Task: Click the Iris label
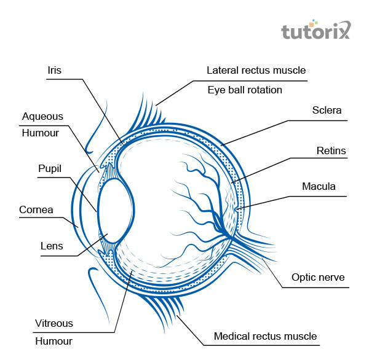[x=55, y=69]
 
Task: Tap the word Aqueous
[x=42, y=116]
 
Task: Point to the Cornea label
[x=36, y=209]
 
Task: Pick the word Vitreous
[x=54, y=323]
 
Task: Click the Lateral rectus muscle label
[x=256, y=70]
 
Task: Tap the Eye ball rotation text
[x=244, y=90]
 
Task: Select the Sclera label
[x=327, y=111]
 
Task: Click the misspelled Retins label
[x=331, y=150]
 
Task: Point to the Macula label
[x=319, y=186]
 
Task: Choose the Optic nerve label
[x=318, y=278]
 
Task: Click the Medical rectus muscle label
[x=265, y=336]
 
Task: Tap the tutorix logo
[x=315, y=31]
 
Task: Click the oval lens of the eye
[x=111, y=214]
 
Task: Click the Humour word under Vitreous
[x=54, y=341]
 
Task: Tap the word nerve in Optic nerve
[x=332, y=278]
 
